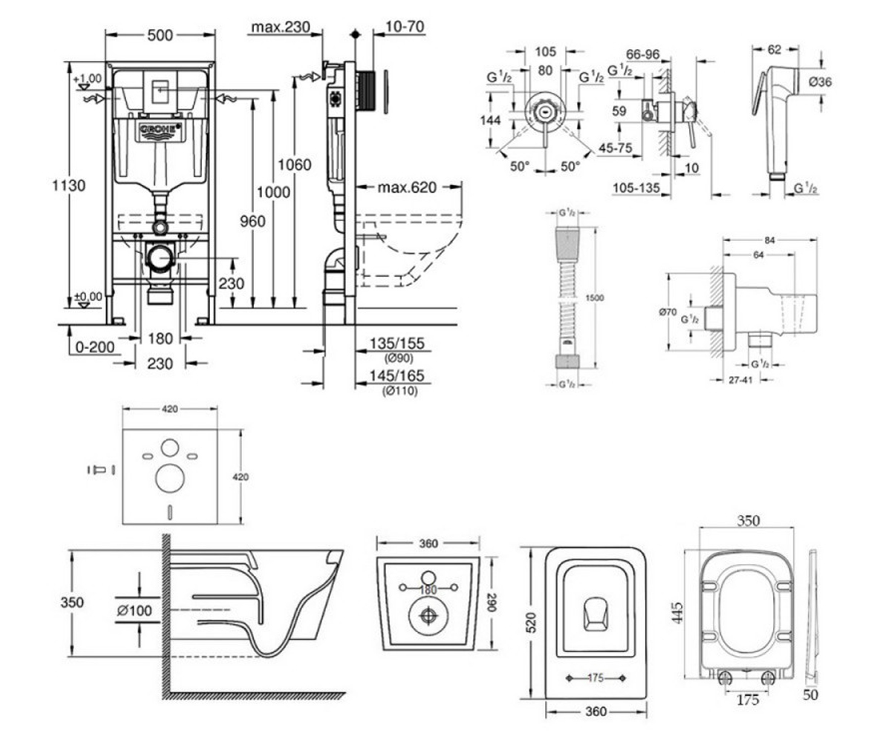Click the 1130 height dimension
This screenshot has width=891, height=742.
click(x=69, y=185)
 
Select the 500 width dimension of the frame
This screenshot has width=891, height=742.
click(x=160, y=36)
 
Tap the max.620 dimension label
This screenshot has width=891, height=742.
click(x=408, y=187)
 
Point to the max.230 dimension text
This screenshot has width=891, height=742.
click(x=281, y=27)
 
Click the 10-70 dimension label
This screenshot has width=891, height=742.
click(x=405, y=27)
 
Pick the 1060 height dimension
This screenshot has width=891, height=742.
click(x=295, y=165)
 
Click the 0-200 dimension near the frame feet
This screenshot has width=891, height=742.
click(x=95, y=347)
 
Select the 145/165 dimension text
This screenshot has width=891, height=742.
click(x=396, y=375)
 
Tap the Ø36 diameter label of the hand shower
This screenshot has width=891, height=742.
click(x=820, y=82)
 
